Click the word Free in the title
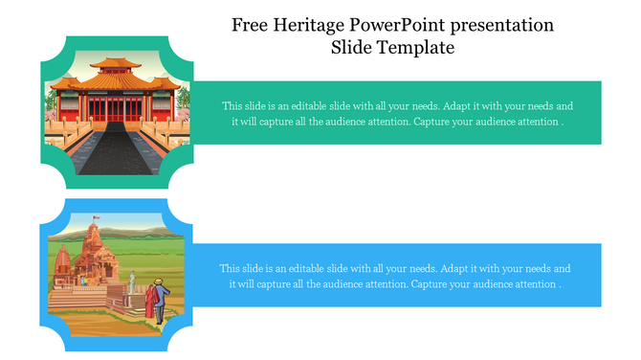point(250,24)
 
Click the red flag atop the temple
point(95,219)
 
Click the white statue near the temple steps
point(132,281)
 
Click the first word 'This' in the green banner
point(232,106)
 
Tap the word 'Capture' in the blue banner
point(432,284)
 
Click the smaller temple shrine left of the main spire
point(63,259)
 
